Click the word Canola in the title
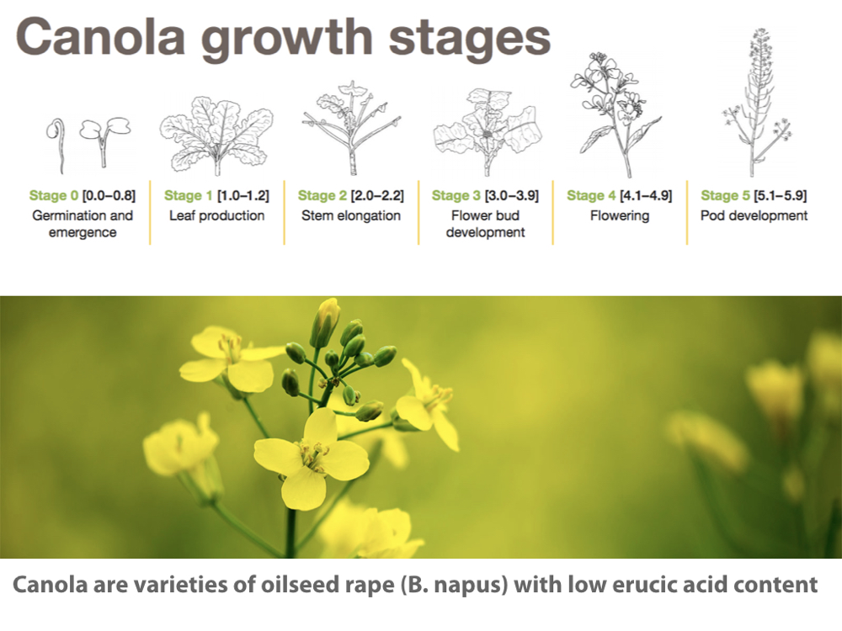[x=101, y=36]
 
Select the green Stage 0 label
[x=54, y=195]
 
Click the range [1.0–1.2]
[x=243, y=195]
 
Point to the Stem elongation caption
[x=351, y=215]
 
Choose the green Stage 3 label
[x=456, y=195]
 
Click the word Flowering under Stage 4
[x=620, y=216]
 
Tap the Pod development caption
[x=754, y=215]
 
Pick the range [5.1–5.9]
[x=781, y=195]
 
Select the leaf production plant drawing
[x=217, y=136]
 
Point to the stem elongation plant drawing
[x=352, y=129]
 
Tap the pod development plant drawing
[x=753, y=102]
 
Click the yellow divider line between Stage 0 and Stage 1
[x=150, y=213]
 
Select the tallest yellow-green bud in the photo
[x=325, y=323]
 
